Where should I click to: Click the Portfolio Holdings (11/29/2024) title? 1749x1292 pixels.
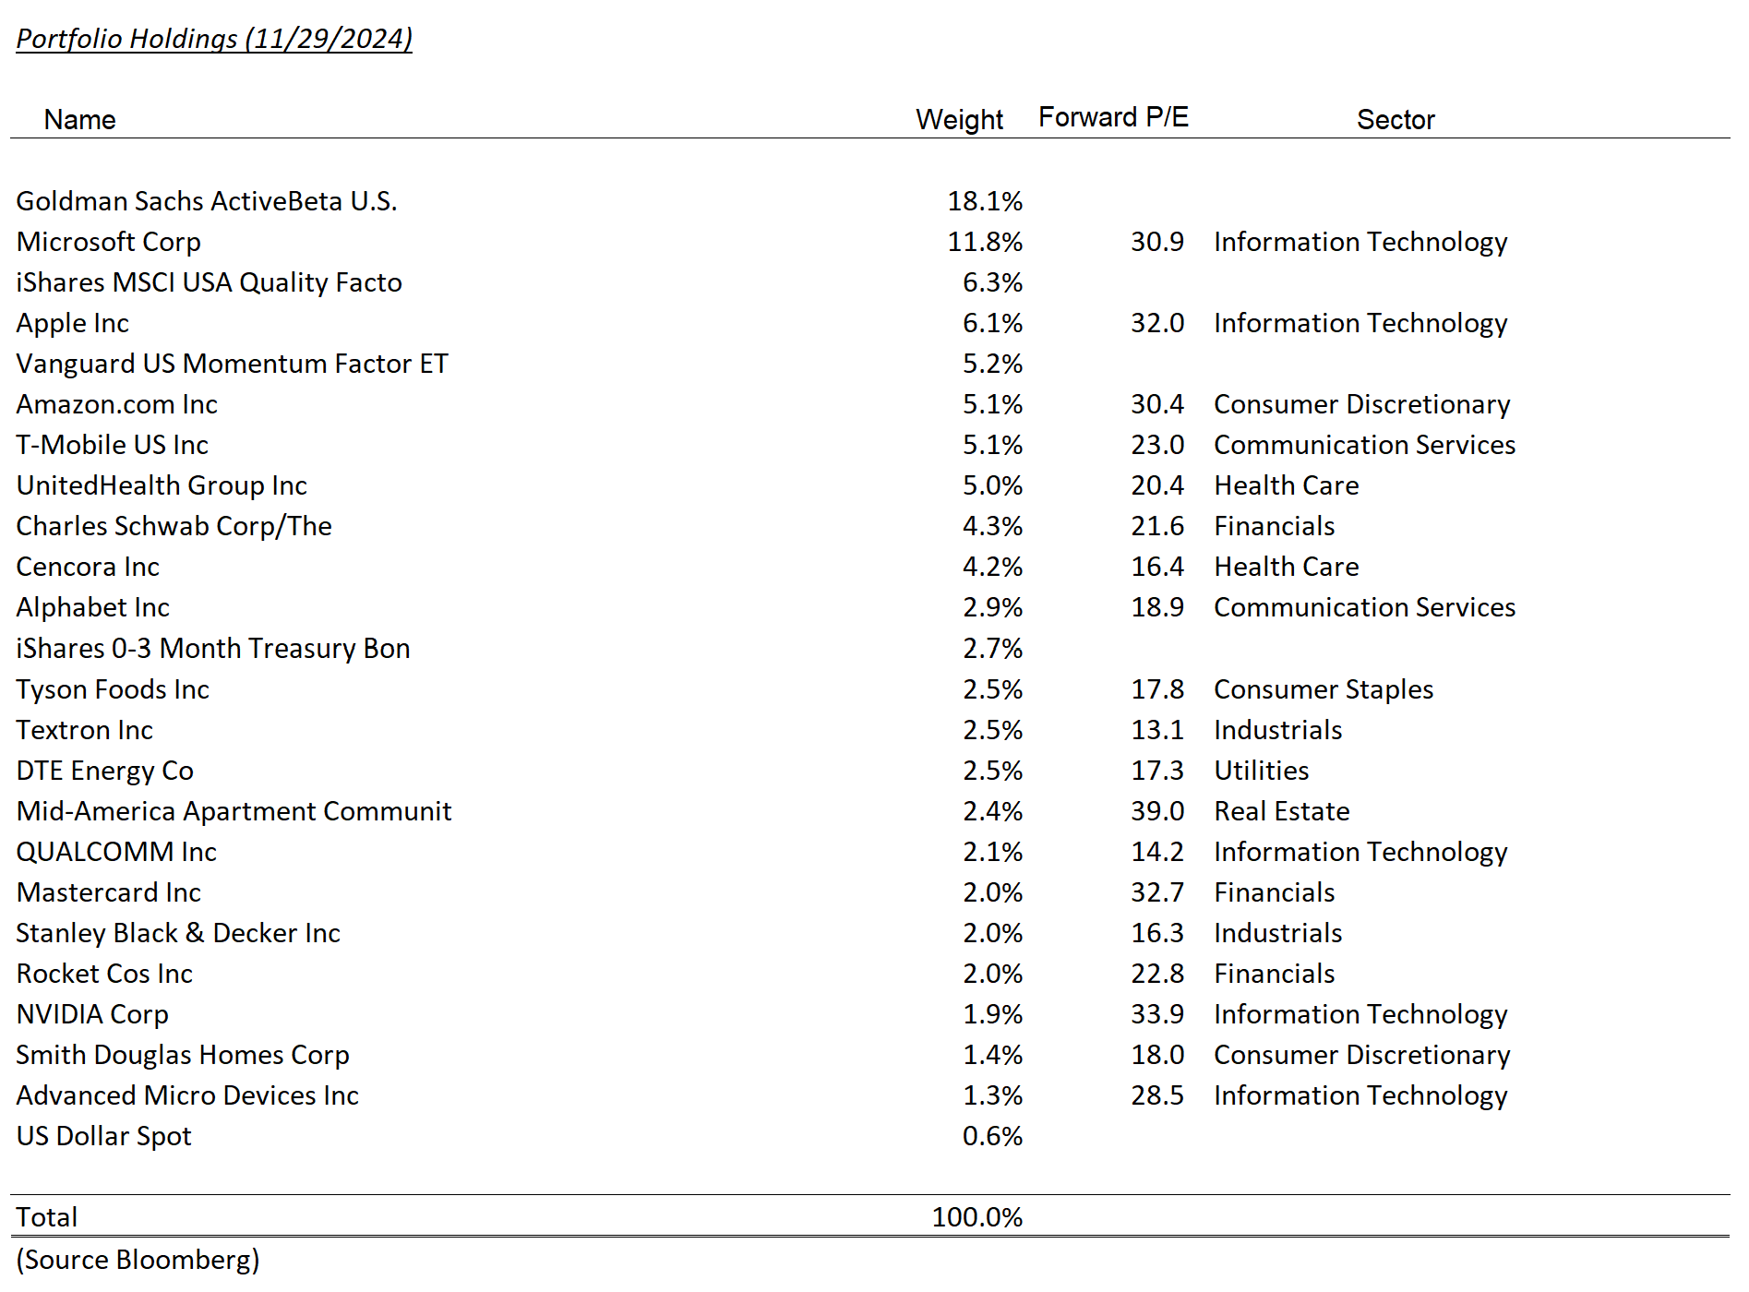click(x=214, y=39)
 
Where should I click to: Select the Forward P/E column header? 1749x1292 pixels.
click(x=1113, y=117)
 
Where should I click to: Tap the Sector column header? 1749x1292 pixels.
click(x=1396, y=120)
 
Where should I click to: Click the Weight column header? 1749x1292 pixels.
click(x=959, y=120)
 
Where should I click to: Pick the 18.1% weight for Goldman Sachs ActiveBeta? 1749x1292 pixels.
click(x=985, y=201)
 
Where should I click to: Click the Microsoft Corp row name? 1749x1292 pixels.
click(x=109, y=242)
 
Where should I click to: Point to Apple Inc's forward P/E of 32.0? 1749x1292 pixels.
click(x=1157, y=323)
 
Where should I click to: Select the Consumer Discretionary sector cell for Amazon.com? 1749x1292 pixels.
click(x=1361, y=404)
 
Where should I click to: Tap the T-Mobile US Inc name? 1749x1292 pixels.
click(x=113, y=445)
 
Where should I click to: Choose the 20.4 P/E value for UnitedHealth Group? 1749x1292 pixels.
click(x=1157, y=485)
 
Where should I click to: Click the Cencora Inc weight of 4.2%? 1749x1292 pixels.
click(x=992, y=567)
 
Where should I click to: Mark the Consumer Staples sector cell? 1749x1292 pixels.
click(x=1324, y=689)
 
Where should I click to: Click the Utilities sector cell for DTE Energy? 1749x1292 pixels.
click(x=1261, y=771)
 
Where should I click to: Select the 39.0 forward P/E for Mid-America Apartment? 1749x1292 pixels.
click(x=1157, y=811)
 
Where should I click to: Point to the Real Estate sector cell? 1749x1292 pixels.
click(x=1281, y=811)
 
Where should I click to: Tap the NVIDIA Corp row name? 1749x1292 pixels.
click(x=92, y=1014)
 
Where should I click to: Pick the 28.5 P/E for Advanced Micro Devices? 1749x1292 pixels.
click(x=1157, y=1095)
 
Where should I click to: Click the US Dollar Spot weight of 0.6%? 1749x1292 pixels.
click(x=992, y=1136)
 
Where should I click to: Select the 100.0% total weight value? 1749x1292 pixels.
click(x=977, y=1217)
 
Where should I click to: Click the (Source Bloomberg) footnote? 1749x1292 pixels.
click(x=138, y=1260)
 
